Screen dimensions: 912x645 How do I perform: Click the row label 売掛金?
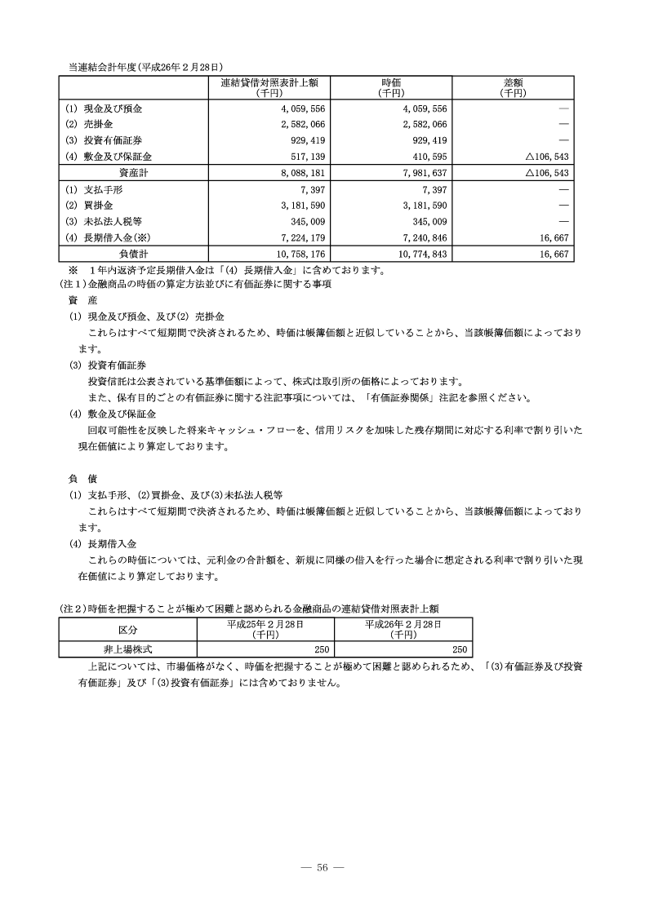coord(100,124)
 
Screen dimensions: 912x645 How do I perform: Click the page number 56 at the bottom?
coord(322,866)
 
